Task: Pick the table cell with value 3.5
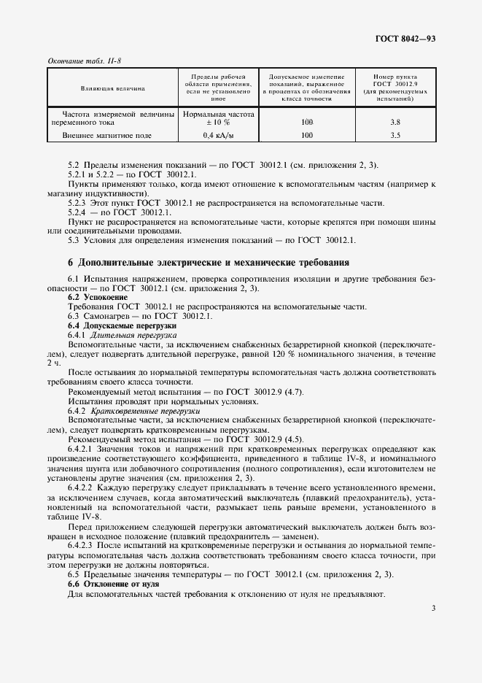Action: (x=395, y=135)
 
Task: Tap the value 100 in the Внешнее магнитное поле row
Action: (x=306, y=135)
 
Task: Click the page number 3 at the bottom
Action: (x=433, y=607)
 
